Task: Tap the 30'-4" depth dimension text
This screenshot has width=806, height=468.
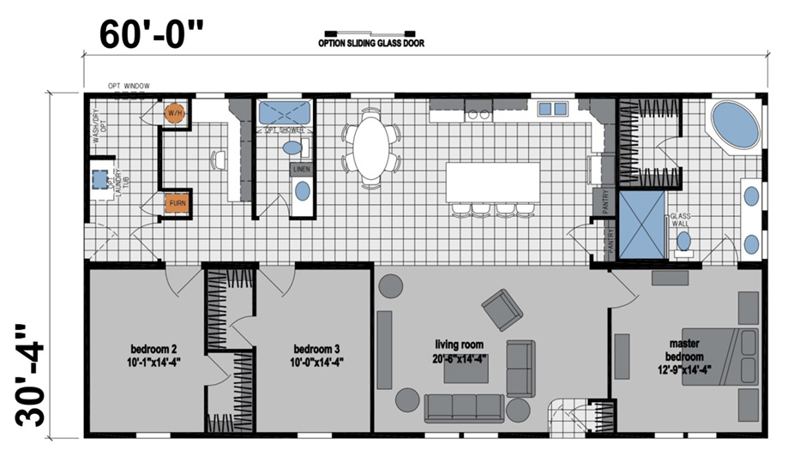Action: [x=33, y=375]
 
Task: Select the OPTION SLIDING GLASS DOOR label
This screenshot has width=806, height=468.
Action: [x=370, y=43]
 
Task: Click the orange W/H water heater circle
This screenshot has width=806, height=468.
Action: [x=175, y=114]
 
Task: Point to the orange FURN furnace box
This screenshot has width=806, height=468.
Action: [x=177, y=203]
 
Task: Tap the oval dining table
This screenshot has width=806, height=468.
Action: [x=371, y=145]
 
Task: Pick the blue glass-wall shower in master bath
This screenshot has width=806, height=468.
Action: [x=642, y=224]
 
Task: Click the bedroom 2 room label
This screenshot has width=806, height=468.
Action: [x=154, y=355]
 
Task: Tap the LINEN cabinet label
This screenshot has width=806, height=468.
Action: [x=301, y=170]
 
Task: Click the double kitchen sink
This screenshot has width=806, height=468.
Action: [x=553, y=108]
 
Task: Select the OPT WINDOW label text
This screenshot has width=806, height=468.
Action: [x=129, y=86]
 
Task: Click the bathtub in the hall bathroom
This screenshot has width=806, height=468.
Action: [x=286, y=112]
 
